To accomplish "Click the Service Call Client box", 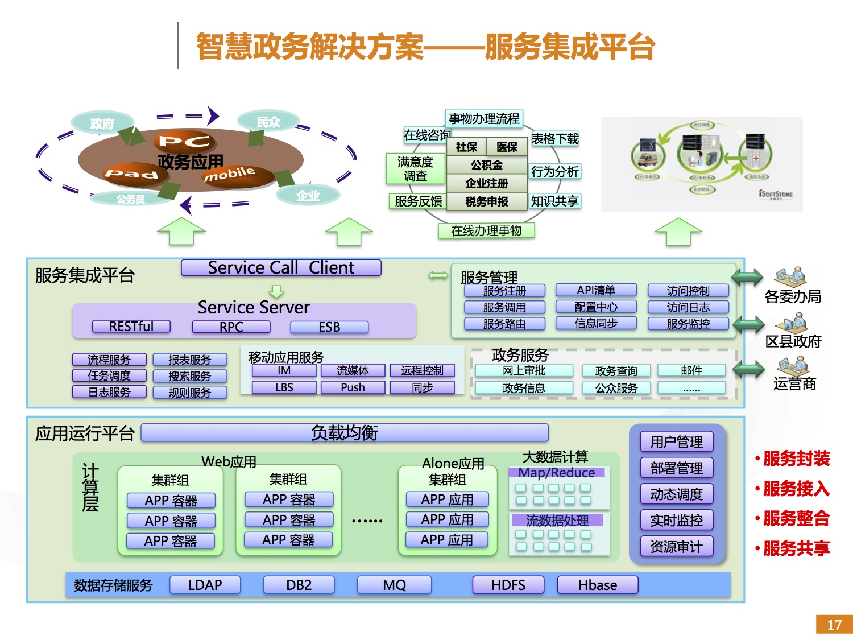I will pyautogui.click(x=281, y=267).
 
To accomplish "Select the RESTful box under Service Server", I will pyautogui.click(x=131, y=327).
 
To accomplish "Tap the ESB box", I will pyautogui.click(x=329, y=327).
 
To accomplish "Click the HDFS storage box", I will pyautogui.click(x=508, y=585).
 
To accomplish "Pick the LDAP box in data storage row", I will pyautogui.click(x=205, y=585).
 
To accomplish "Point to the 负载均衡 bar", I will pyautogui.click(x=344, y=433).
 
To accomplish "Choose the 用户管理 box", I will pyautogui.click(x=676, y=441).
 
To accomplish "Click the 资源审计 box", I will pyautogui.click(x=676, y=547).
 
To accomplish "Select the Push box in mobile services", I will pyautogui.click(x=353, y=387).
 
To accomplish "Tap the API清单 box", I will pyautogui.click(x=595, y=291).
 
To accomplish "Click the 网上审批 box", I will pyautogui.click(x=524, y=371).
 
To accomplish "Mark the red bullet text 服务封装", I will pyautogui.click(x=796, y=459).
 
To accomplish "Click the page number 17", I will pyautogui.click(x=834, y=625).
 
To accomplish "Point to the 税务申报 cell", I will pyautogui.click(x=486, y=201).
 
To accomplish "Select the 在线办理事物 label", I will pyautogui.click(x=486, y=230).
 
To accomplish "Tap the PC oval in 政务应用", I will pyautogui.click(x=184, y=141).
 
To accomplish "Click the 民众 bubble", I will pyautogui.click(x=268, y=122).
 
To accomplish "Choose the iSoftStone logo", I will pyautogui.click(x=776, y=195).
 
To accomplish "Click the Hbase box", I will pyautogui.click(x=597, y=585).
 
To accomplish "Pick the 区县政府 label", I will pyautogui.click(x=793, y=341).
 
